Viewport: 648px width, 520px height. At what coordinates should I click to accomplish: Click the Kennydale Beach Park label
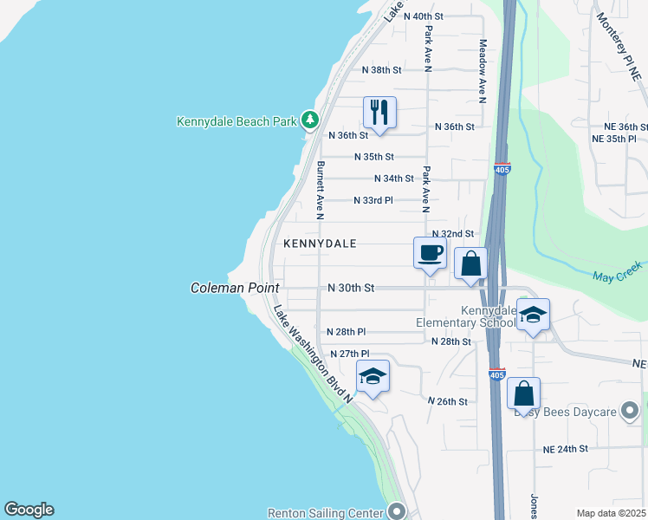pyautogui.click(x=237, y=121)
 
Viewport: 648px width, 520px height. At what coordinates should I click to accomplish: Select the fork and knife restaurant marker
pyautogui.click(x=379, y=113)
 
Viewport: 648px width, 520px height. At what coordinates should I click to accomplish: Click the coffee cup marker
pyautogui.click(x=431, y=253)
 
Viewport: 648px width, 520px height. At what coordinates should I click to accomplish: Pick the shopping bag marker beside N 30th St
pyautogui.click(x=470, y=263)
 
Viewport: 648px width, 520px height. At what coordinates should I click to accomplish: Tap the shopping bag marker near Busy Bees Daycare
pyautogui.click(x=523, y=393)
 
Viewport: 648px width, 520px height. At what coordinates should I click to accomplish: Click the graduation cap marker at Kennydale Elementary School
pyautogui.click(x=534, y=315)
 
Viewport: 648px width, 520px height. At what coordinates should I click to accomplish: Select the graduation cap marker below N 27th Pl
pyautogui.click(x=373, y=376)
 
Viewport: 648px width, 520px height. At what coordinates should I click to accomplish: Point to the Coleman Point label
pyautogui.click(x=235, y=288)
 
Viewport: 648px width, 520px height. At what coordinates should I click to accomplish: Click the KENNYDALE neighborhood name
pyautogui.click(x=320, y=244)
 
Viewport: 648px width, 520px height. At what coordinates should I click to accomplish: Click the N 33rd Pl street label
pyautogui.click(x=373, y=200)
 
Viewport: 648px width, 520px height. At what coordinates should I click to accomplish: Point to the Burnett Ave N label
pyautogui.click(x=320, y=190)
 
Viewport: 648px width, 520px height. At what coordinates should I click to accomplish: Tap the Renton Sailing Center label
pyautogui.click(x=325, y=512)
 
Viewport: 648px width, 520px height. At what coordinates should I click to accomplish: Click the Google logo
pyautogui.click(x=29, y=510)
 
